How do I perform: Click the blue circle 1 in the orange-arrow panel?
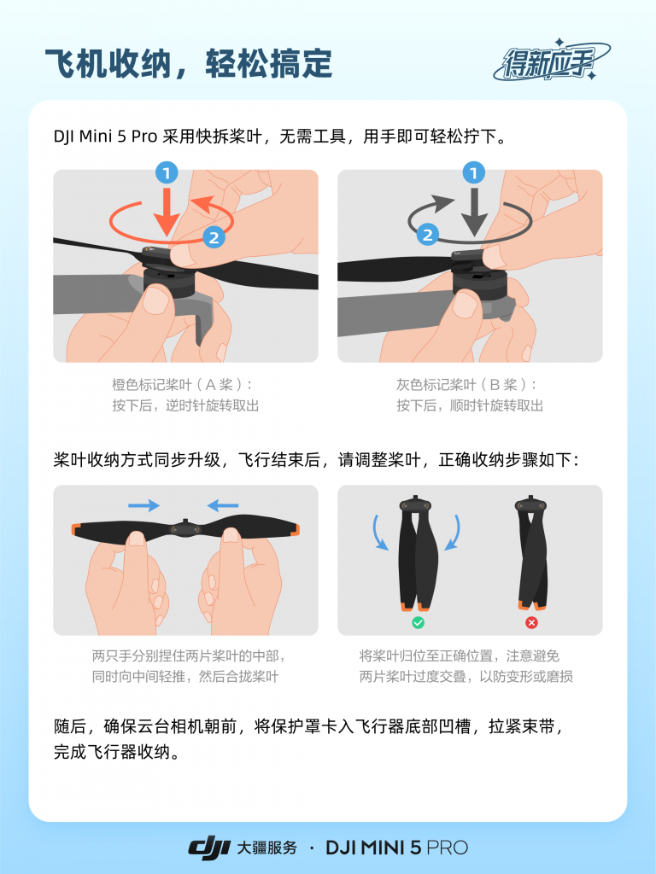(x=167, y=173)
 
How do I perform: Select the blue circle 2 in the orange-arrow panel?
(x=214, y=236)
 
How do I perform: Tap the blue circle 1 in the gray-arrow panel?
(x=472, y=173)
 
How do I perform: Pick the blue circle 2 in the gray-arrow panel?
(x=426, y=233)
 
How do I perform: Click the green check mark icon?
(x=418, y=623)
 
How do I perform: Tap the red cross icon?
(x=531, y=623)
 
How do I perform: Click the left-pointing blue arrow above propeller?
(x=223, y=505)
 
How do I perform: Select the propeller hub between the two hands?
(x=185, y=528)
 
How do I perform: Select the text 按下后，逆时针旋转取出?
(x=185, y=406)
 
